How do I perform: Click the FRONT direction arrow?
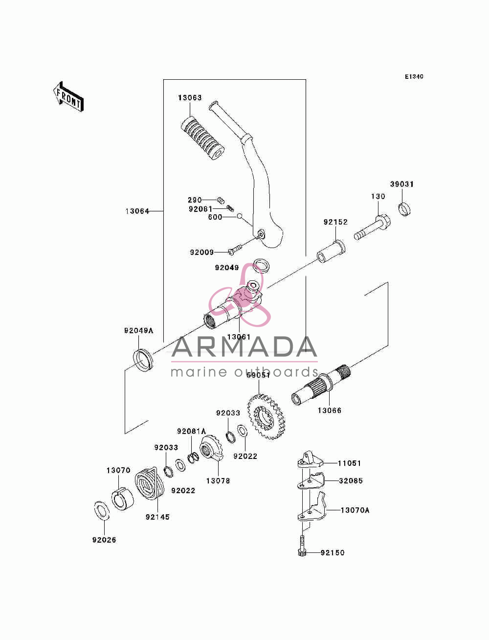click(69, 97)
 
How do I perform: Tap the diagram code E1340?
click(414, 77)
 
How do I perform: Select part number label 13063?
click(190, 98)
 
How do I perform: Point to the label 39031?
click(402, 184)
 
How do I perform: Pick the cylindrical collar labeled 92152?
click(331, 251)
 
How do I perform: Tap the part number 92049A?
click(138, 331)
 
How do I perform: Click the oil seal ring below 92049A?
click(143, 360)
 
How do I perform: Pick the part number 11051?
click(349, 463)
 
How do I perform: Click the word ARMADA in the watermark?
click(244, 347)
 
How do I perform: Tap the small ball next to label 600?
click(240, 216)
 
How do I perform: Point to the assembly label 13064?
click(137, 211)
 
